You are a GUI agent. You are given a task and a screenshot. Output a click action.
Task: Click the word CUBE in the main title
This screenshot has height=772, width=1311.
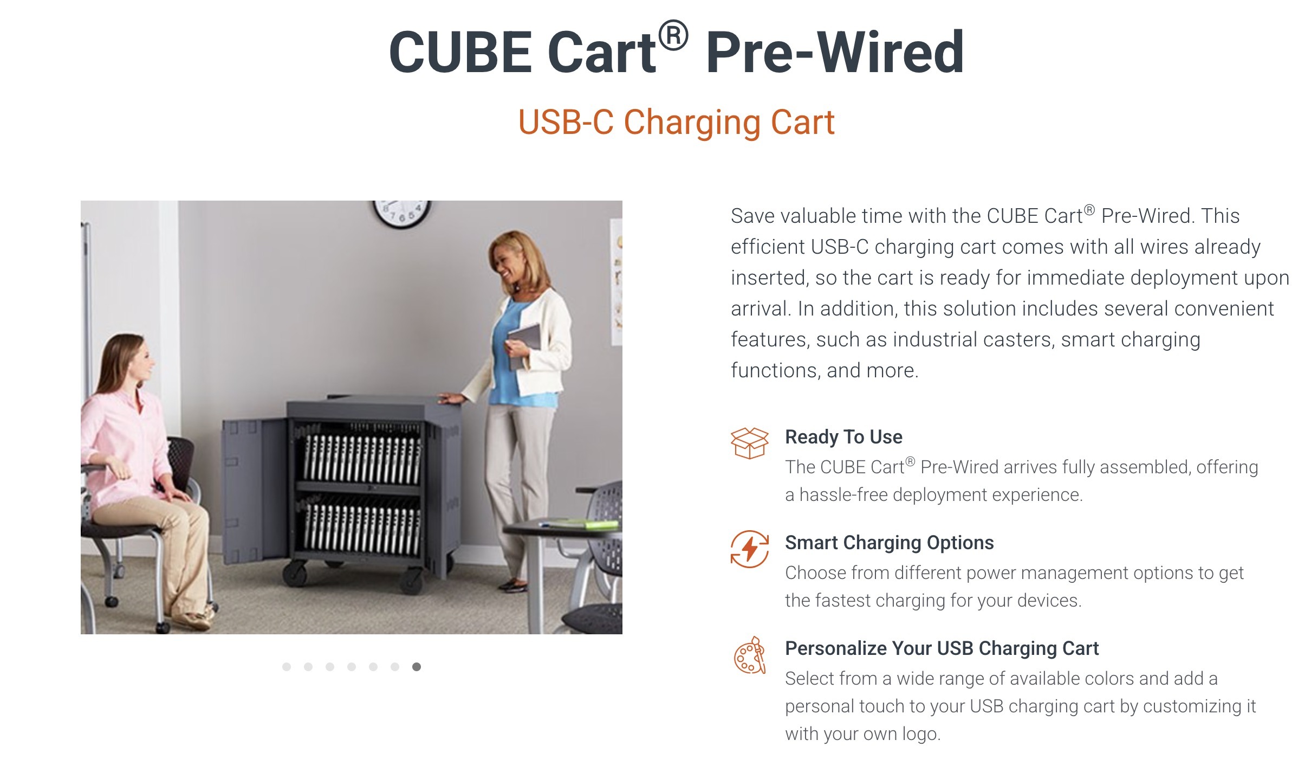460,52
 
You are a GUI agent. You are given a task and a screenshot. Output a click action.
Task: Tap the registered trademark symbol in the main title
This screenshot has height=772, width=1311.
673,36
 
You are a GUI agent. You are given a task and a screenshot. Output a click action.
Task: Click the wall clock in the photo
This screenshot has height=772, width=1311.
401,214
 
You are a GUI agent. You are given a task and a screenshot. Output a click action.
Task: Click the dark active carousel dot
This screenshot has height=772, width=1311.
416,667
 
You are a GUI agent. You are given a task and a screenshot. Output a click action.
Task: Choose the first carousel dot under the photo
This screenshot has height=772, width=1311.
287,667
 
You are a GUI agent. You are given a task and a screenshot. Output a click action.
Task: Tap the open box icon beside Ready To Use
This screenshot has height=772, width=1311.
750,443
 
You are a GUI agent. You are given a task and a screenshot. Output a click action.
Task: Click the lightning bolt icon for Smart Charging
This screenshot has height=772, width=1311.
750,549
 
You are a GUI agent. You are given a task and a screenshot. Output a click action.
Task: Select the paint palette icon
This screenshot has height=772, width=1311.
750,655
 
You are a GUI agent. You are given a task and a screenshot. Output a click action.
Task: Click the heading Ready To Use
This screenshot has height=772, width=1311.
843,437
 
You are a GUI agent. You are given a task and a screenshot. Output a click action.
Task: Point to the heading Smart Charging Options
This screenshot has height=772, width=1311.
890,543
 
